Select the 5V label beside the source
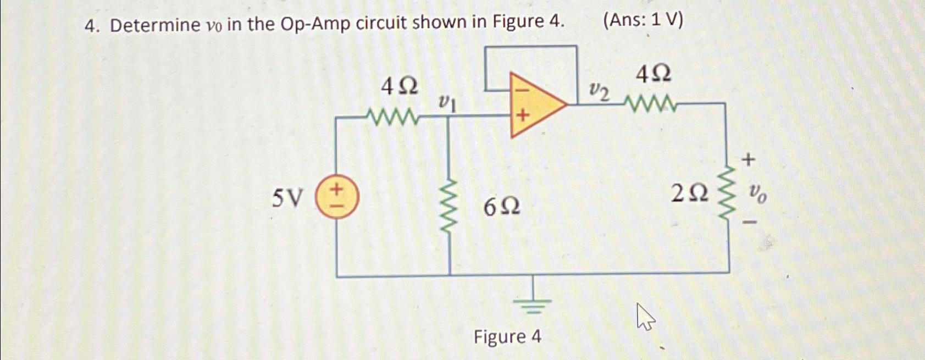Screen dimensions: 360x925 point(287,198)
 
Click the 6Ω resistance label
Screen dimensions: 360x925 point(502,208)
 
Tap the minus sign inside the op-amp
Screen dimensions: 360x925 point(522,88)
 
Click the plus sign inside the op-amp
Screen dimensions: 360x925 point(523,116)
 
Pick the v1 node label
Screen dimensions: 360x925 point(447,103)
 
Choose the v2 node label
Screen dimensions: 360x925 point(599,92)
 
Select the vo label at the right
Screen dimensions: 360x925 point(758,193)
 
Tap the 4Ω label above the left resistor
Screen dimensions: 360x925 point(400,86)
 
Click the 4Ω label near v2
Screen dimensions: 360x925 point(653,74)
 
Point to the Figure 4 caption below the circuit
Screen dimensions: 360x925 point(507,336)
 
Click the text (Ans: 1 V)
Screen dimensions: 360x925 point(643,20)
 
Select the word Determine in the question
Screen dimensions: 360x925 point(156,25)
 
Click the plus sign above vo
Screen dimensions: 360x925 point(748,160)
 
